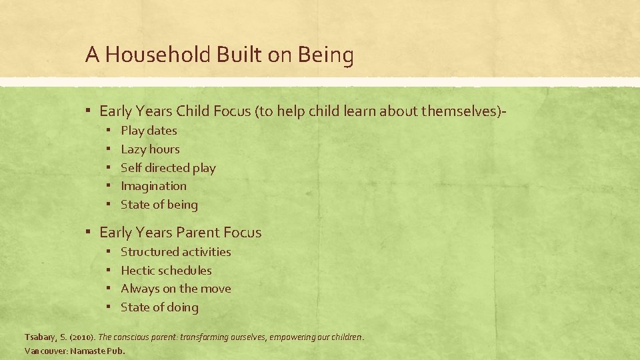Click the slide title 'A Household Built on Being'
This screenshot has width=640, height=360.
(219, 55)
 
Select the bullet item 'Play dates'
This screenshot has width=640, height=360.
(149, 131)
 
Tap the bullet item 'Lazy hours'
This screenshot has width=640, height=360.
(150, 149)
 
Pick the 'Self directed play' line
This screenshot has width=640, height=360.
(168, 168)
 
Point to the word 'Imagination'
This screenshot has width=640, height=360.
(153, 186)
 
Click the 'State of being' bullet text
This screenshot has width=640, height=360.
(159, 205)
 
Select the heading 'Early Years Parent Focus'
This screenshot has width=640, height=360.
(180, 233)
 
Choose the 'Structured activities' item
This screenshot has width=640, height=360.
(176, 252)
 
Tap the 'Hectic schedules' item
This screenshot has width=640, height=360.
(166, 271)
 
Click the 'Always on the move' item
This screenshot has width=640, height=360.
(176, 289)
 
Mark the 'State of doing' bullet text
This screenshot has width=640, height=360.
(159, 307)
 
